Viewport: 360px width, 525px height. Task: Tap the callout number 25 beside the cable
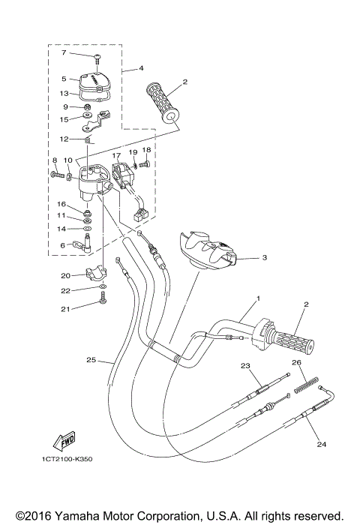[91, 360]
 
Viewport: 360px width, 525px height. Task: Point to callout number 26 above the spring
[296, 362]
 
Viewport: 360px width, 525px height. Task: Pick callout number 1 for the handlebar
[257, 298]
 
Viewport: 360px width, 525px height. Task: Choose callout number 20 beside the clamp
[65, 274]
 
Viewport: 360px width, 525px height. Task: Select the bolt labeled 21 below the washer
[101, 302]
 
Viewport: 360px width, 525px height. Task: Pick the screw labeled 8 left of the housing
[58, 175]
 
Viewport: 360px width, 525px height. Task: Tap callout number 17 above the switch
[117, 157]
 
